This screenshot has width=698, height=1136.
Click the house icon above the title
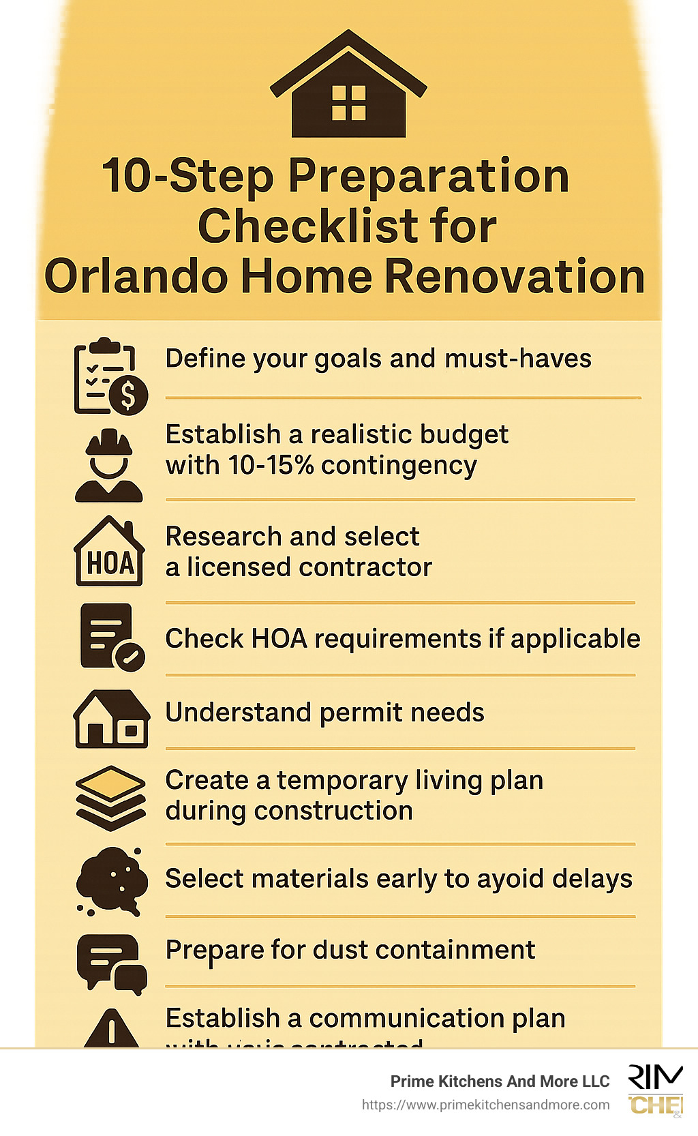coord(348,85)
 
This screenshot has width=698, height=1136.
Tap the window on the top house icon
coord(348,103)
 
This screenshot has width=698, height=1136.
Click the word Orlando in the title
coord(135,276)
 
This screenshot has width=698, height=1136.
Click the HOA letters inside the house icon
coord(110,564)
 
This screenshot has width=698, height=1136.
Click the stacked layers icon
coord(110,797)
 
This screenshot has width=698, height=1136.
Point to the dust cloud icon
coord(111,880)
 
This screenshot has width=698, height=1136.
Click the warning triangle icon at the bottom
coord(111,1030)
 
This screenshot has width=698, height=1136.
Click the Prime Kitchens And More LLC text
coord(500,1081)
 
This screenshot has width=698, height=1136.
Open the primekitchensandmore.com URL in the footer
coord(485,1105)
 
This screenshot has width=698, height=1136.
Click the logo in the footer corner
coord(655,1090)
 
